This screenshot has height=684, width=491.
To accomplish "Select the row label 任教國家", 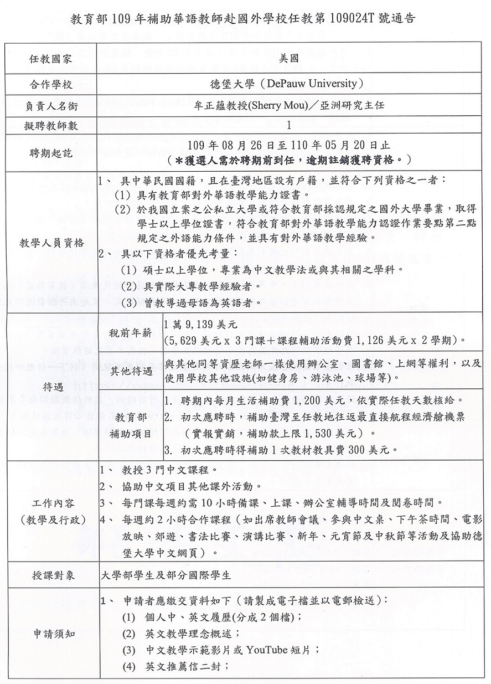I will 50,58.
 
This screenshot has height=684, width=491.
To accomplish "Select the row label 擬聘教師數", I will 50,126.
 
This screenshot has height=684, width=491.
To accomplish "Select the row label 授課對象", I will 50,576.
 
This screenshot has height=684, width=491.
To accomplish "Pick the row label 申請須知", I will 50,635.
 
